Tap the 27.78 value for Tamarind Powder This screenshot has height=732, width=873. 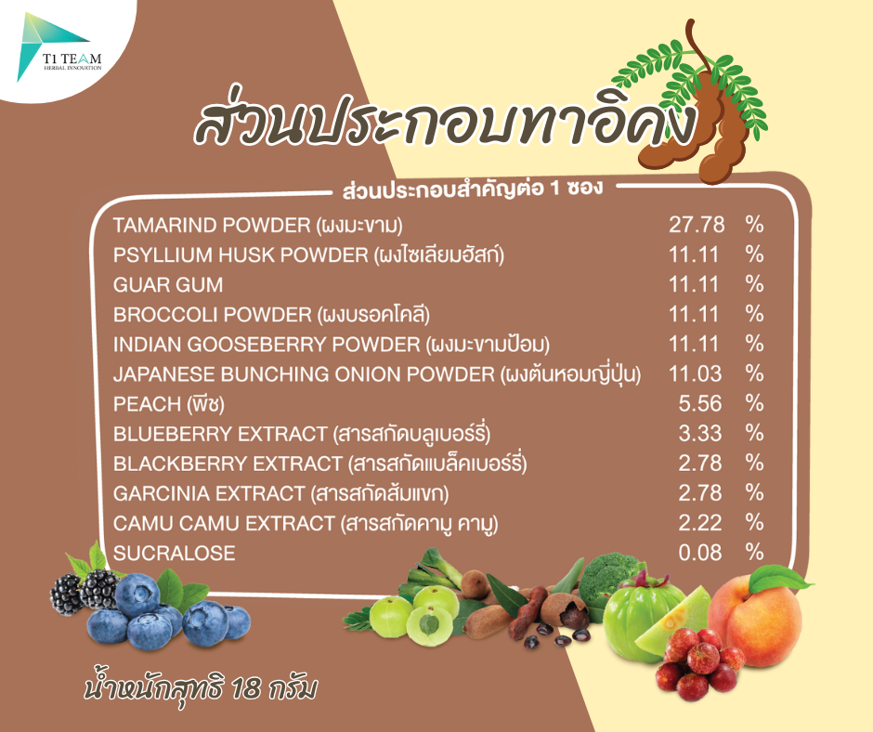click(697, 225)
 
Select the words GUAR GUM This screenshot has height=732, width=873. click(167, 284)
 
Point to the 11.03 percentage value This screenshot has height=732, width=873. click(695, 373)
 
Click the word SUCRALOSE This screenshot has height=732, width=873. click(175, 553)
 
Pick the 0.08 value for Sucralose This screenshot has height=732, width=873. click(700, 553)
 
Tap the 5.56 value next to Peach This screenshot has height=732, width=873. click(700, 403)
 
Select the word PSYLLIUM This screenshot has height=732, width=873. click(162, 255)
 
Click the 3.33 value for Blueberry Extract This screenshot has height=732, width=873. click(700, 434)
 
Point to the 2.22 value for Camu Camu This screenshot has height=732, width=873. click(700, 523)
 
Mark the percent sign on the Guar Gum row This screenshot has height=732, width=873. click(754, 284)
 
